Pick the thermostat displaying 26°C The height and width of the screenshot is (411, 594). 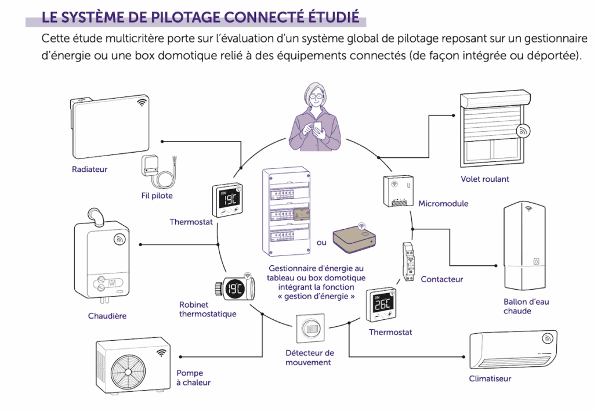381,305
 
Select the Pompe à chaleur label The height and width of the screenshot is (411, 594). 193,378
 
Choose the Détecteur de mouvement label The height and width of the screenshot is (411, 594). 310,358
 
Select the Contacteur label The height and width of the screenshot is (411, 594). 441,279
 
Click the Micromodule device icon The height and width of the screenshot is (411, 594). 398,190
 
